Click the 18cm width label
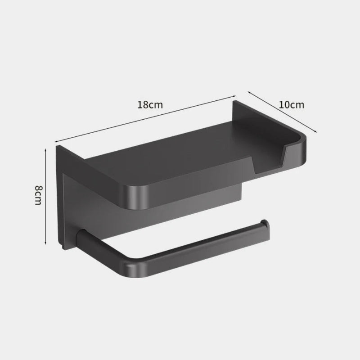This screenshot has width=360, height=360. pos(150,105)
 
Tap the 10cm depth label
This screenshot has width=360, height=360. pos(291,105)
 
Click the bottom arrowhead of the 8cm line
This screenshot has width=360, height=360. pos(46,244)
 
